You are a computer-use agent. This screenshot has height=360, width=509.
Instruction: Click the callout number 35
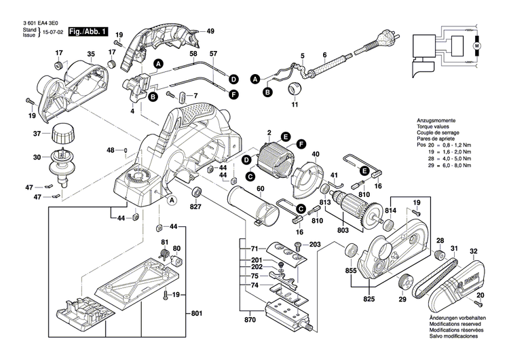[x=90, y=54]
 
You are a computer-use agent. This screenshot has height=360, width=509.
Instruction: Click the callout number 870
[x=251, y=319]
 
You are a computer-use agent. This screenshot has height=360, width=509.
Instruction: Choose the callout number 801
[x=196, y=314]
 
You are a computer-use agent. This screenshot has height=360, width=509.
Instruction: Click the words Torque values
[x=436, y=127]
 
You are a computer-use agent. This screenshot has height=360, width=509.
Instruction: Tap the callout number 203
[x=314, y=245]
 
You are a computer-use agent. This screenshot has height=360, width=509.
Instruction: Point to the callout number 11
[x=294, y=106]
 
